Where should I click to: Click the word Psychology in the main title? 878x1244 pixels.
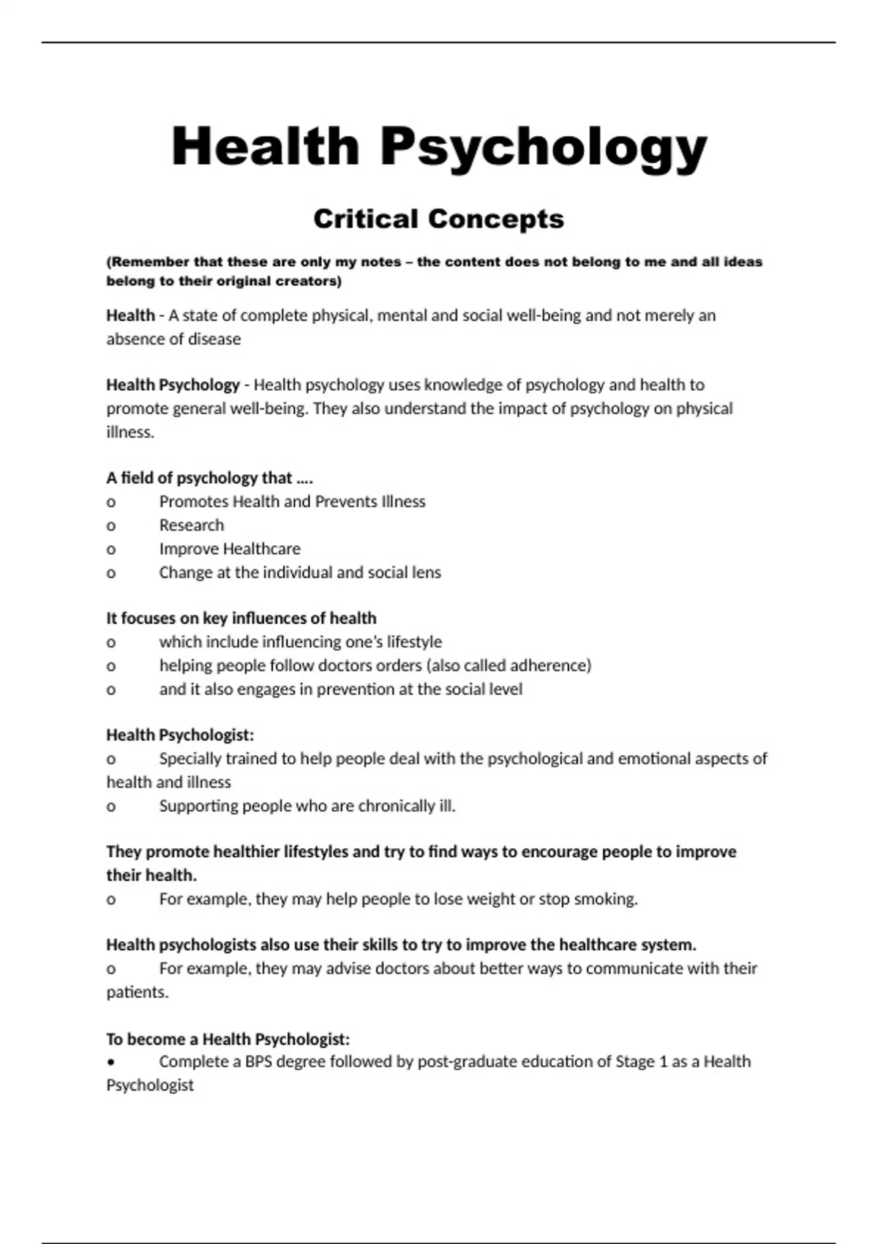[543, 148]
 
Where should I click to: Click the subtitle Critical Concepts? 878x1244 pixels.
[438, 219]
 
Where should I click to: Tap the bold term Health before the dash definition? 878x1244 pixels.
[130, 315]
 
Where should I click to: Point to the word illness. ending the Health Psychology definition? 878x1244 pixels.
[130, 432]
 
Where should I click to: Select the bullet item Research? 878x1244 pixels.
[192, 525]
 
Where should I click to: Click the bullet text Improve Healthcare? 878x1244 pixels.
[230, 548]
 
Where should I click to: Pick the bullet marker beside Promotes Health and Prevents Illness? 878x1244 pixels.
[111, 502]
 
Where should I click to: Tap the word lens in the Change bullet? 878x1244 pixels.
[426, 572]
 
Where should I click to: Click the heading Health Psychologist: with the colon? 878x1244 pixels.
[180, 735]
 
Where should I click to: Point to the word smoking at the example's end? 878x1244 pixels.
[605, 899]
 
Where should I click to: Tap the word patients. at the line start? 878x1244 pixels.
[138, 992]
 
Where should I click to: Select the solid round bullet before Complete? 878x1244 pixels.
[111, 1062]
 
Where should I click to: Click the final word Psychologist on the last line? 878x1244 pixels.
[150, 1084]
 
